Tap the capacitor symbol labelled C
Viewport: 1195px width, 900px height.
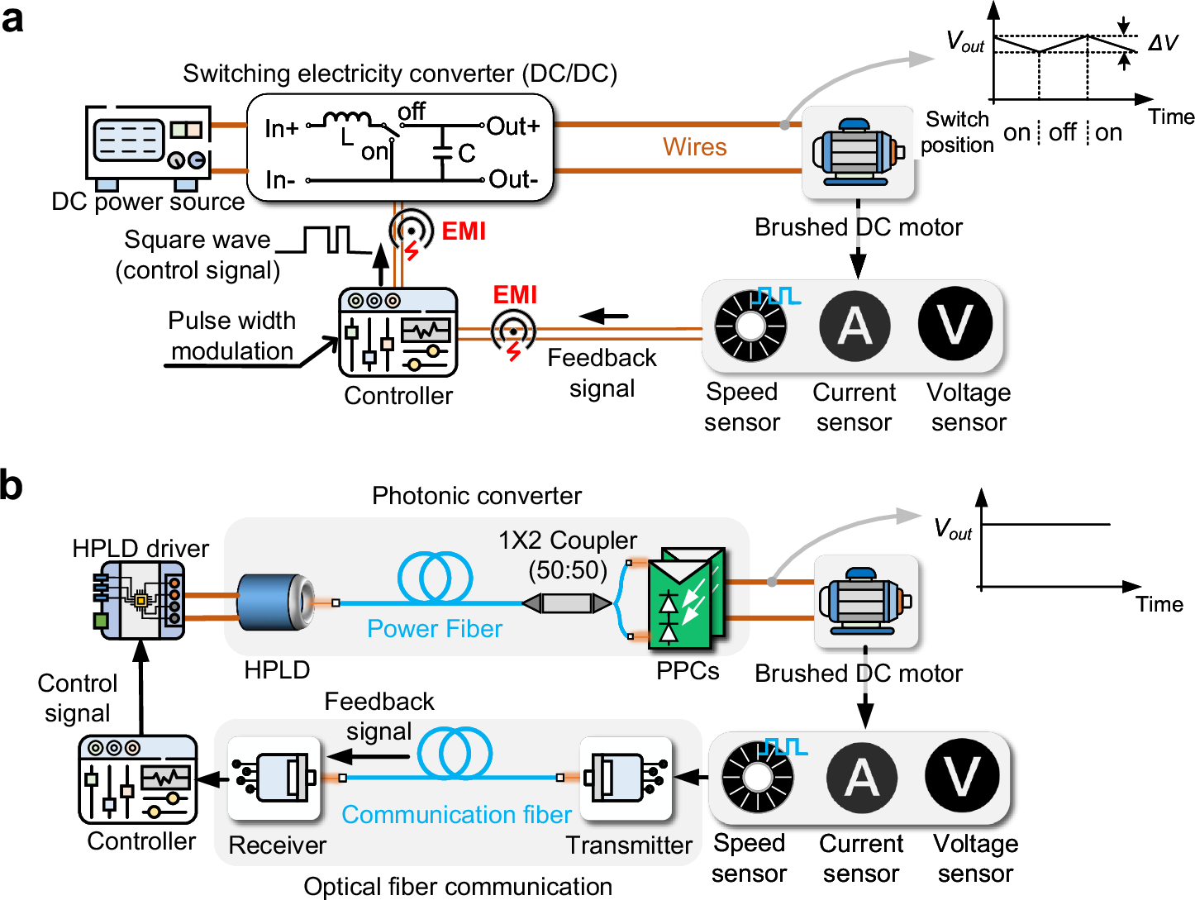(x=445, y=152)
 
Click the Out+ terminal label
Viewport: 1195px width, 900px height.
(x=513, y=126)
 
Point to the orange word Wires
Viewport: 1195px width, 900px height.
(x=694, y=147)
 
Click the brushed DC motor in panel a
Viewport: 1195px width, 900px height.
(x=858, y=153)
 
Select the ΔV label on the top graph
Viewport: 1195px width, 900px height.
(x=1163, y=43)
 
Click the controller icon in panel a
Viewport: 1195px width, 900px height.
(x=398, y=332)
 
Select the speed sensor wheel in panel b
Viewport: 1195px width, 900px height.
(x=757, y=777)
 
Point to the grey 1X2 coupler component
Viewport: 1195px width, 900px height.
(x=568, y=602)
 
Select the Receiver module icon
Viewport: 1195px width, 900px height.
(x=274, y=778)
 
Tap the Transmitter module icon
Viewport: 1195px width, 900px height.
(x=626, y=778)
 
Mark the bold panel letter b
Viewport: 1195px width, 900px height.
(x=12, y=485)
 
